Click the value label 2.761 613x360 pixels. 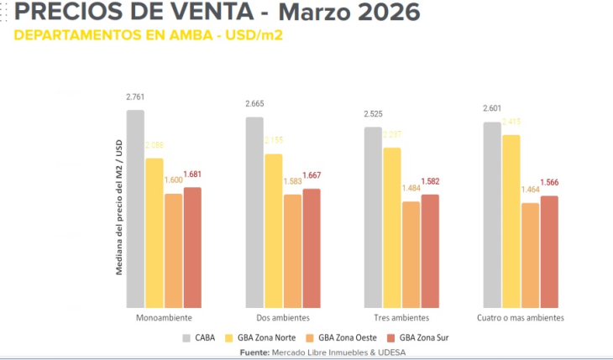136,99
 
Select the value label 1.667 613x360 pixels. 312,176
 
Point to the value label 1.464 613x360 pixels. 530,190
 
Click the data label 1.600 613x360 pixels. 173,180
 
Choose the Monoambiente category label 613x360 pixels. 164,319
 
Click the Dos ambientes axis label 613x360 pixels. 283,319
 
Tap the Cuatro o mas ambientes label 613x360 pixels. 521,319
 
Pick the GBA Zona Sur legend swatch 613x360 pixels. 390,337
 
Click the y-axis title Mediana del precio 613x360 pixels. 119,207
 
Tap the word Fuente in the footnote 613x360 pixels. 254,352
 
